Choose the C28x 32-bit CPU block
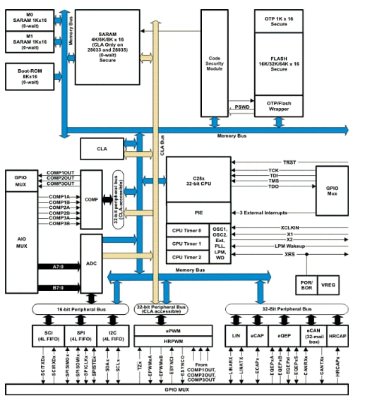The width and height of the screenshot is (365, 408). [x=197, y=179]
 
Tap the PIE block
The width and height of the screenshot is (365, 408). [x=197, y=212]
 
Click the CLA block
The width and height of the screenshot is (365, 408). [x=101, y=149]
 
